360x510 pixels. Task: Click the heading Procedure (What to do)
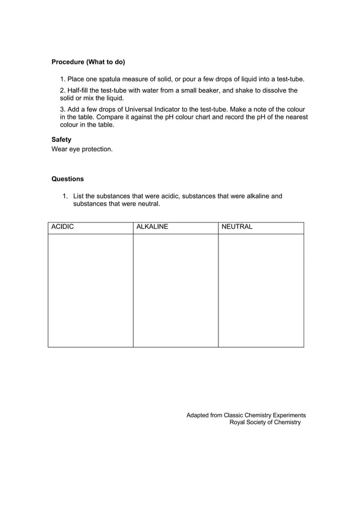click(x=88, y=62)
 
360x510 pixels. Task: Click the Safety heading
click(x=62, y=139)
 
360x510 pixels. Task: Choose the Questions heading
click(x=68, y=179)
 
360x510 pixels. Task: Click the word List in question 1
click(x=80, y=196)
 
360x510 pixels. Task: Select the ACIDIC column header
click(x=63, y=227)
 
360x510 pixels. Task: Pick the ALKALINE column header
click(x=152, y=227)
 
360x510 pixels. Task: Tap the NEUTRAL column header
click(x=238, y=227)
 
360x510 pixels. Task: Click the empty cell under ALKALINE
click(x=175, y=290)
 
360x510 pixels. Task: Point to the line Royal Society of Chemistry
click(x=265, y=422)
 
